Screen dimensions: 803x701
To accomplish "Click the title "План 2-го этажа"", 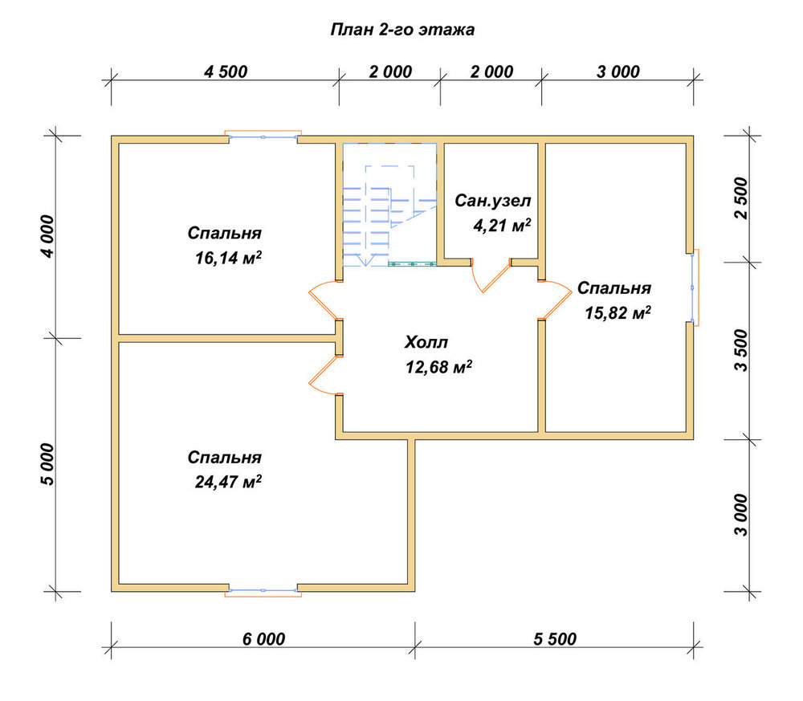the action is click(402, 30).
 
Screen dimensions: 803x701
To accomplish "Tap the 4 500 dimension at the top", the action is click(226, 71).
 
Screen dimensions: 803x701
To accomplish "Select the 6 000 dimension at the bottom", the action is click(263, 639).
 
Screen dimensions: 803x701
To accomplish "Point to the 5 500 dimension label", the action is click(555, 639).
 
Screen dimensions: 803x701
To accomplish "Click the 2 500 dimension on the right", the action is click(741, 198).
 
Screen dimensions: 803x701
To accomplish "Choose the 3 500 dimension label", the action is click(741, 350).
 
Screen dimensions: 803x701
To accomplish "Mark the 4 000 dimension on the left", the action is click(47, 236).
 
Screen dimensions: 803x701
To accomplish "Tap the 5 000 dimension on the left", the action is click(47, 464).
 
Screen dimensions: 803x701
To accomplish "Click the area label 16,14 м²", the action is click(228, 258).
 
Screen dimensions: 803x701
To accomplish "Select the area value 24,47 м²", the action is click(228, 482).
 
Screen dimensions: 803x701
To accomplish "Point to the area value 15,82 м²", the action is click(618, 312).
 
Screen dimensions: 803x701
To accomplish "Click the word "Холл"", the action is click(426, 342).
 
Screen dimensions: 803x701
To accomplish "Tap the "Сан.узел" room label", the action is click(493, 201).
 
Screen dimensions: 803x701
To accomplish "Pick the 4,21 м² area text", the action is click(502, 225).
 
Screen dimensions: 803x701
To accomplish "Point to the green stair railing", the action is click(412, 264).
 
